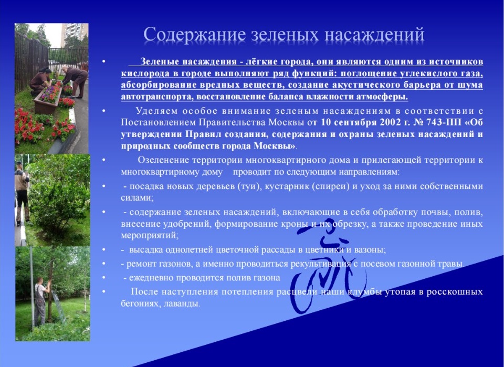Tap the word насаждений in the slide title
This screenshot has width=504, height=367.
374,35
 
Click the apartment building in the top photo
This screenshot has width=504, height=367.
75,34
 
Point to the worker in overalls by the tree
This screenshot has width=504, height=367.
41,301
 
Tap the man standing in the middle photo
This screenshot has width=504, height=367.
22,193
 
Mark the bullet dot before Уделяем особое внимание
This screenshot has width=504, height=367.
103,111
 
